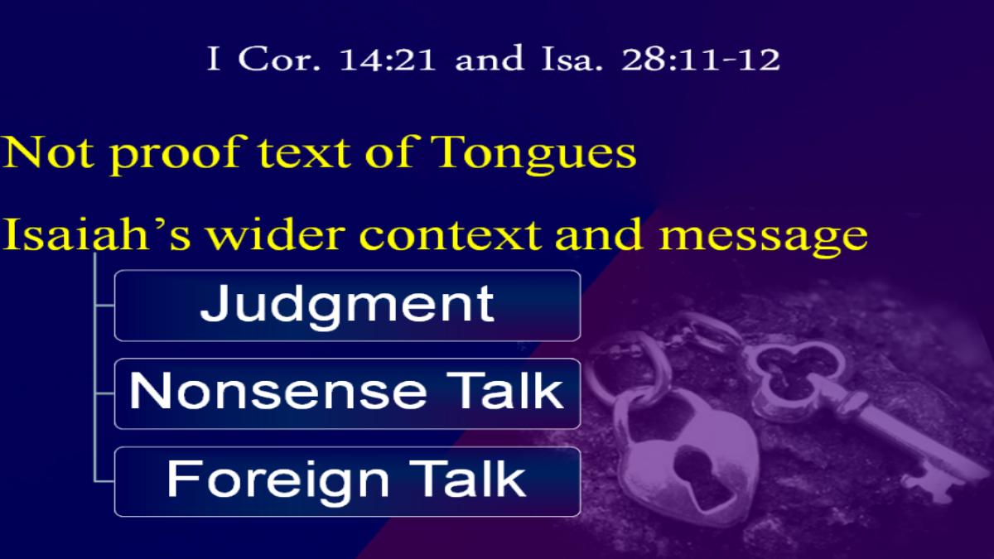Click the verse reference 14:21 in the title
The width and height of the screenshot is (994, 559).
tap(388, 59)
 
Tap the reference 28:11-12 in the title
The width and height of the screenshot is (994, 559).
tap(700, 59)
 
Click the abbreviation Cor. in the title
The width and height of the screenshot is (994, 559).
tap(278, 58)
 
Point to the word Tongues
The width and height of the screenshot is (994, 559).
tap(533, 154)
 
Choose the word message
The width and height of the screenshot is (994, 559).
tap(763, 238)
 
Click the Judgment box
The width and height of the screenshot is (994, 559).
tap(347, 306)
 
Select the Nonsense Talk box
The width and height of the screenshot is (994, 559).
tap(347, 393)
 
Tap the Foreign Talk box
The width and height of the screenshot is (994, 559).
tap(347, 481)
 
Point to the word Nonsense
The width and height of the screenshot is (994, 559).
tap(277, 390)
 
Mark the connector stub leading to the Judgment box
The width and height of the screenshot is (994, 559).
tap(104, 306)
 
